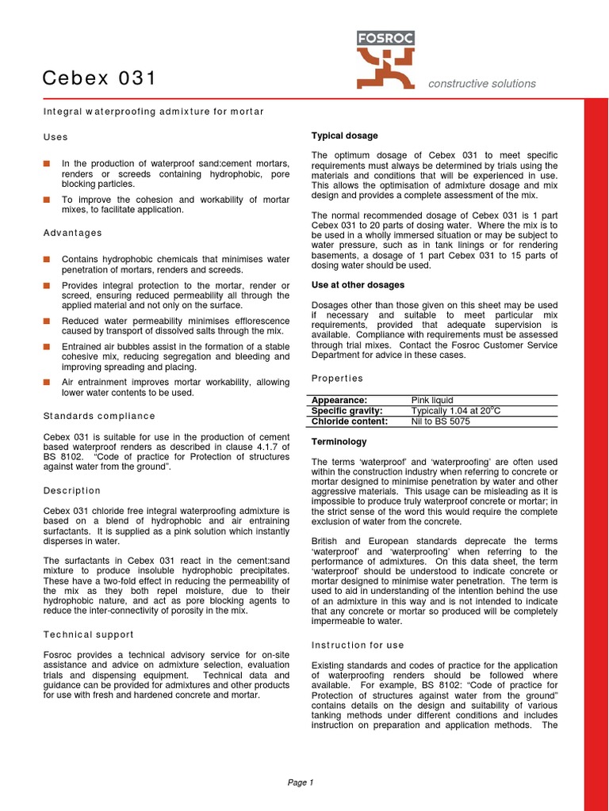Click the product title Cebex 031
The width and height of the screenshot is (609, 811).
click(99, 78)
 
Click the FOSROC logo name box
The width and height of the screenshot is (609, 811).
click(385, 38)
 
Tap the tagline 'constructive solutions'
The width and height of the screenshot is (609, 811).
click(481, 84)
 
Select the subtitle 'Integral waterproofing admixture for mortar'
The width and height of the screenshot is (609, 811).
click(153, 112)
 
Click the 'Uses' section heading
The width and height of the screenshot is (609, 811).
click(56, 137)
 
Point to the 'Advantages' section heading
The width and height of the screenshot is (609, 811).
click(72, 233)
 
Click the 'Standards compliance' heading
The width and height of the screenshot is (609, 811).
click(99, 416)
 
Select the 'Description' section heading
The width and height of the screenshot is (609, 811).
click(72, 490)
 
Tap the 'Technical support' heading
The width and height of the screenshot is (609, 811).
click(88, 634)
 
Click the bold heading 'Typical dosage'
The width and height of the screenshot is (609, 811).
click(344, 135)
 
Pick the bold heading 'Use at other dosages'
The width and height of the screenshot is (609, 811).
click(358, 284)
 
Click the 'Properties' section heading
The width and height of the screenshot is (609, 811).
click(337, 379)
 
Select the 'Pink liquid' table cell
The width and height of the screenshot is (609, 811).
click(432, 400)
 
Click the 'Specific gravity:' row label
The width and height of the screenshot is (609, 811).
click(347, 411)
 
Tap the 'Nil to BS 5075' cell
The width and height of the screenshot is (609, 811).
click(440, 421)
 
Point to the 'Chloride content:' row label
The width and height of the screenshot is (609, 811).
click(350, 421)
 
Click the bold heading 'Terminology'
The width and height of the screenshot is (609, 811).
click(339, 442)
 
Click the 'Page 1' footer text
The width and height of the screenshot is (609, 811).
click(301, 782)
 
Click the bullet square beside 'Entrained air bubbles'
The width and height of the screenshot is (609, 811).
click(47, 346)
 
